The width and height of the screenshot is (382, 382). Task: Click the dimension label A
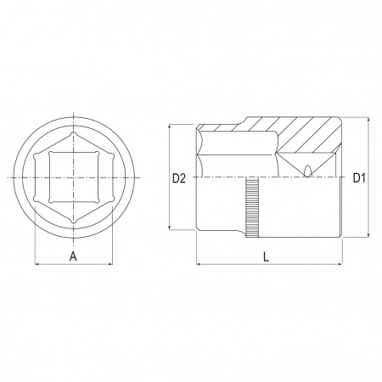(73, 256)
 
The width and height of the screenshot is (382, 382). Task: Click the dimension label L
(266, 256)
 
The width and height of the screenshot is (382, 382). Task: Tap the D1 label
(359, 177)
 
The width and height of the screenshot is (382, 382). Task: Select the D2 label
(179, 178)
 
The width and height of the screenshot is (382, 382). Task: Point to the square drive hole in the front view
(74, 177)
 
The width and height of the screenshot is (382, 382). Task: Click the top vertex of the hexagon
(74, 133)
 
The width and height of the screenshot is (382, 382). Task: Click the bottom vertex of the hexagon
(74, 222)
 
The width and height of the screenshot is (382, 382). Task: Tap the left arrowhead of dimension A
(37, 264)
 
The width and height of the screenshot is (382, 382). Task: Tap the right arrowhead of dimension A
(111, 264)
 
